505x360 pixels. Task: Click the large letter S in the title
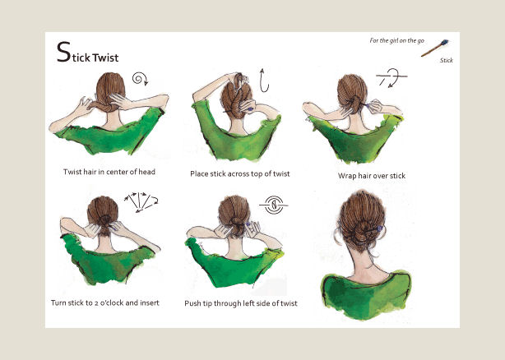(x=63, y=52)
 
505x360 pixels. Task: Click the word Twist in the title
(x=105, y=58)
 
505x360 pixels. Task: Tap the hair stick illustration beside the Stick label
(x=435, y=48)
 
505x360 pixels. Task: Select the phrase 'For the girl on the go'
(x=396, y=40)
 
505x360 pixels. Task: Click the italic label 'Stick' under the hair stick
(x=447, y=60)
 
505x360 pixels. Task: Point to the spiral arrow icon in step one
(x=140, y=79)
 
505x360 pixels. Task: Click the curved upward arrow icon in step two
(x=264, y=81)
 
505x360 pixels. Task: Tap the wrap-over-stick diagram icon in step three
(x=391, y=77)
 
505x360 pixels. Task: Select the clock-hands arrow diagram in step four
(x=141, y=202)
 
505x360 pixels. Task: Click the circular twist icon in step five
(x=273, y=205)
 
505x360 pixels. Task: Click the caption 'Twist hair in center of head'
(x=109, y=172)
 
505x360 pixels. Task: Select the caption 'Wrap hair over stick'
(x=372, y=176)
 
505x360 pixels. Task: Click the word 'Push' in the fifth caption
(x=192, y=303)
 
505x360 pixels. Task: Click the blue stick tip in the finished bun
(x=380, y=228)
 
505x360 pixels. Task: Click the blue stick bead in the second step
(x=250, y=109)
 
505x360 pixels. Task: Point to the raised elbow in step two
(x=195, y=95)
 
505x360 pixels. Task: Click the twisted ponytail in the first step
(x=104, y=106)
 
